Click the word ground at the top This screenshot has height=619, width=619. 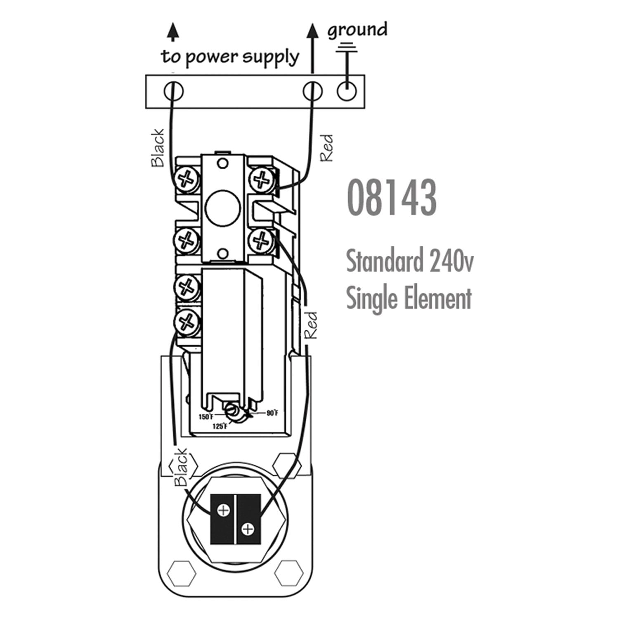point(357,30)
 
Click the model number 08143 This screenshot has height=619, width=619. point(392,198)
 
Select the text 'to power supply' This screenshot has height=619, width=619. point(230,57)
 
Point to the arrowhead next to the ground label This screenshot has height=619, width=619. point(313,32)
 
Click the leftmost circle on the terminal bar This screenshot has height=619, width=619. point(174,91)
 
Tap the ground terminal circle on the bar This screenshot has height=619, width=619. point(347,91)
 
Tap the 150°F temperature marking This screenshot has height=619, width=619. point(206,417)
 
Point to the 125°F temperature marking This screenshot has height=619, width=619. point(220,426)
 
